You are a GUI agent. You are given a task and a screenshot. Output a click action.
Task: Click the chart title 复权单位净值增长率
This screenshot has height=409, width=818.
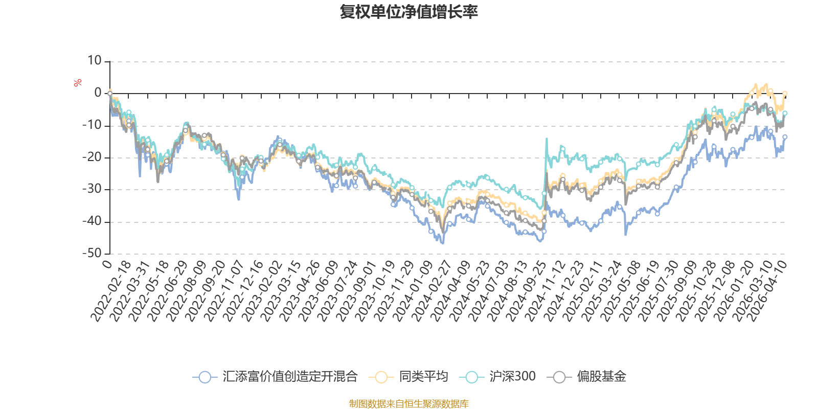pyautogui.click(x=408, y=12)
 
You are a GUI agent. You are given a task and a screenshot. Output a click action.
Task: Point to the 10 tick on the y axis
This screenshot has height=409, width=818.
pyautogui.click(x=95, y=61)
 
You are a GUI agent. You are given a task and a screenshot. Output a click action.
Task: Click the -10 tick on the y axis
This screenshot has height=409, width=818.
pyautogui.click(x=92, y=125)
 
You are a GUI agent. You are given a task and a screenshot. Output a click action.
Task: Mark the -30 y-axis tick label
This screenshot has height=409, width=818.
pyautogui.click(x=92, y=189)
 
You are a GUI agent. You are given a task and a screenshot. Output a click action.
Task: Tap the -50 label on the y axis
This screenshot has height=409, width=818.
pyautogui.click(x=92, y=253)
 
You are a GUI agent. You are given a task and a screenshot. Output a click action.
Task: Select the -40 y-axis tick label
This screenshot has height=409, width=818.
pyautogui.click(x=92, y=221)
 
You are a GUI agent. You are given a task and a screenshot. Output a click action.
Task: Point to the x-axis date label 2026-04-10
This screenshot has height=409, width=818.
pyautogui.click(x=767, y=290)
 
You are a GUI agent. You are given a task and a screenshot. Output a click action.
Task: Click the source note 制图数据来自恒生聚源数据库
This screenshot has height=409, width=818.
pyautogui.click(x=408, y=404)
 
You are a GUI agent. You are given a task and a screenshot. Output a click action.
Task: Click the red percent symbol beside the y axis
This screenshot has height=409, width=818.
pyautogui.click(x=78, y=83)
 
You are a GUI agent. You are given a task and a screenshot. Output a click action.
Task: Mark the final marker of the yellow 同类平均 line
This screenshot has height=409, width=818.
pyautogui.click(x=785, y=94)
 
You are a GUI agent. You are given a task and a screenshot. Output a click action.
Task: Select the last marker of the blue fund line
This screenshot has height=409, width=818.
pyautogui.click(x=785, y=137)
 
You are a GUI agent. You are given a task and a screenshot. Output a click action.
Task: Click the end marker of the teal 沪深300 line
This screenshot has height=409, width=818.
pyautogui.click(x=785, y=113)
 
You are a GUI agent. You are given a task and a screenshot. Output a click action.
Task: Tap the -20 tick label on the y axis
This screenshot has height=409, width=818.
pyautogui.click(x=92, y=157)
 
